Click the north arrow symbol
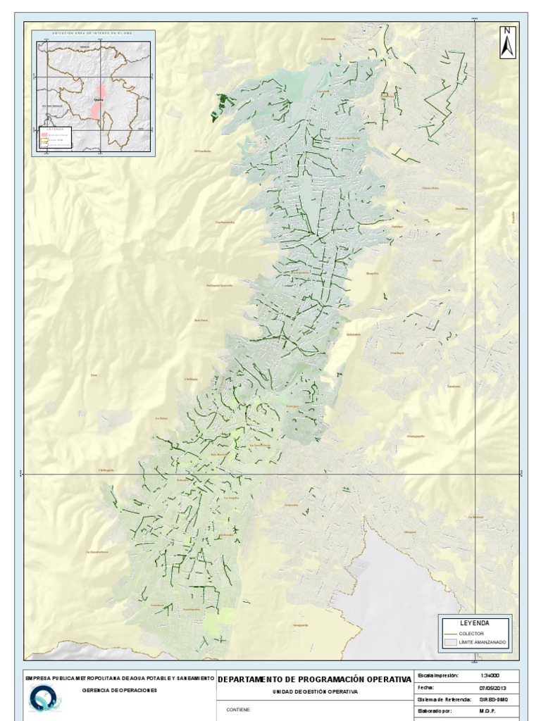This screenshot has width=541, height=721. [507, 42]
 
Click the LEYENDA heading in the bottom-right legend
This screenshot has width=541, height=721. [474, 623]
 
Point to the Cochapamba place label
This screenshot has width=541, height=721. [225, 222]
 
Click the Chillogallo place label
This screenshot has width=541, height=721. [105, 470]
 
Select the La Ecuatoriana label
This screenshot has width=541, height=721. [97, 552]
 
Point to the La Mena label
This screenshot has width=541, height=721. [161, 418]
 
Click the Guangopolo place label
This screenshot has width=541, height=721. [416, 436]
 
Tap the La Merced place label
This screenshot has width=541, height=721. [476, 517]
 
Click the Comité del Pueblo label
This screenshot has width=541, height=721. [347, 138]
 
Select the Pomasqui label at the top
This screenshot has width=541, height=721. [328, 39]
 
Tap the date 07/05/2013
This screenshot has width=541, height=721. [493, 687]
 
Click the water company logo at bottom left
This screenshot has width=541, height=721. [44, 699]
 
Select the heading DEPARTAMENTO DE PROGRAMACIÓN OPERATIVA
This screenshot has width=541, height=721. [314, 679]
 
